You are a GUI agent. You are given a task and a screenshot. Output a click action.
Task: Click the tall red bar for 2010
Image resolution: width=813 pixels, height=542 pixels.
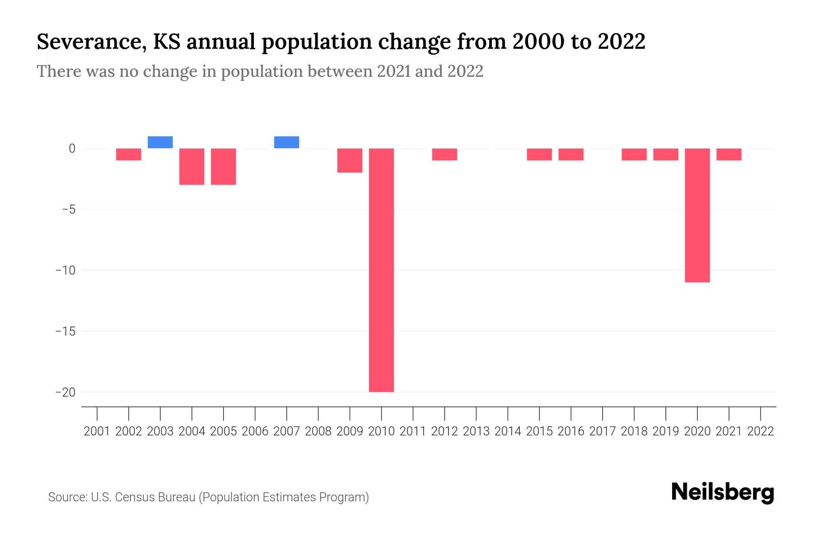click(381, 270)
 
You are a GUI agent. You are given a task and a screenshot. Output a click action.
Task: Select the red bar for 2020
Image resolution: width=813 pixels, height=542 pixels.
click(697, 215)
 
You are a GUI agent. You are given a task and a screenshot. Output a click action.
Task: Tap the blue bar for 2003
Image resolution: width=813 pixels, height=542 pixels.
click(160, 142)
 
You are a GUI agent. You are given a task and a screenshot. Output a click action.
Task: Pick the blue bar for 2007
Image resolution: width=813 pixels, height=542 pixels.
click(286, 142)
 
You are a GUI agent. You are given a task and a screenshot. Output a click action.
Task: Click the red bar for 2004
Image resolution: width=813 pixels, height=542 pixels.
click(192, 166)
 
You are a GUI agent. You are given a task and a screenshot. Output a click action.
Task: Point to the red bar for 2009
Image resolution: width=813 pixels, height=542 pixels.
click(350, 160)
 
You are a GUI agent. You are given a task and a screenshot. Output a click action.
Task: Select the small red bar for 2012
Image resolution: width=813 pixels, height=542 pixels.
click(444, 154)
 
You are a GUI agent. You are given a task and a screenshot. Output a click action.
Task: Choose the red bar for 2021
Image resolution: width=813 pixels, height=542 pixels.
click(729, 154)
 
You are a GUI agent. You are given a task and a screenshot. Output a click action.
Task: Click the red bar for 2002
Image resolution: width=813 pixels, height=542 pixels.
click(129, 154)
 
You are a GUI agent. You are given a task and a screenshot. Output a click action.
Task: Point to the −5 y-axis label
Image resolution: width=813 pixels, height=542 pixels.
click(66, 209)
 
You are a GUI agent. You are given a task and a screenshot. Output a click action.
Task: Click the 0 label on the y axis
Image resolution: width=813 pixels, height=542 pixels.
click(71, 148)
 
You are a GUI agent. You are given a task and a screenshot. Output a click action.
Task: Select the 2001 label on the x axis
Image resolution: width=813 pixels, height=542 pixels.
click(97, 431)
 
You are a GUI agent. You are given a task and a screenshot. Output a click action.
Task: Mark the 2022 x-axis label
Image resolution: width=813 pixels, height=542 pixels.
click(760, 431)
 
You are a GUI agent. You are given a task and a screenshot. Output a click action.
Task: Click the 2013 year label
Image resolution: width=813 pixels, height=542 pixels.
click(476, 431)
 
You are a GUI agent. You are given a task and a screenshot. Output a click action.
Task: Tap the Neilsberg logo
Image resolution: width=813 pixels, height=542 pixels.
click(723, 492)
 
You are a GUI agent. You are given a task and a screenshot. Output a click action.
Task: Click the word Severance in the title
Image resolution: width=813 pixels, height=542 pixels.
click(90, 42)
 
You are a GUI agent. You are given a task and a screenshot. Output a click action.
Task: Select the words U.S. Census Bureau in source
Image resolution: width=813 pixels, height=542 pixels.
click(143, 497)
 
